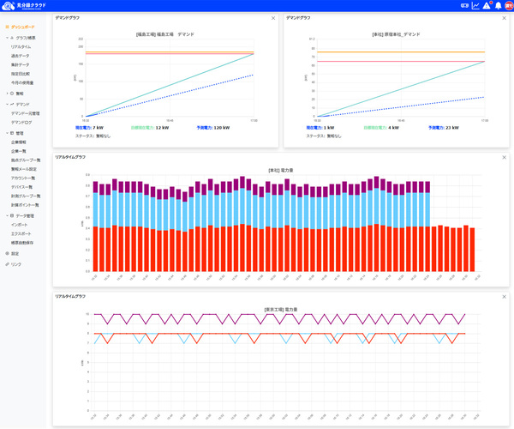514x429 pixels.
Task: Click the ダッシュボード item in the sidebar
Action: click(x=23, y=27)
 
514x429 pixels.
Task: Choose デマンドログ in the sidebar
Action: click(x=21, y=122)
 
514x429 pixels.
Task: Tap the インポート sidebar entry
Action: click(x=19, y=225)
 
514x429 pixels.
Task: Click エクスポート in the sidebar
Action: click(x=21, y=233)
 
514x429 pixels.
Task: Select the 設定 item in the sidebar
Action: click(x=15, y=253)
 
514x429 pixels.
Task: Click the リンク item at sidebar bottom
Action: click(x=16, y=264)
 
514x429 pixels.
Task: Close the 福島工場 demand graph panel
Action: click(x=273, y=17)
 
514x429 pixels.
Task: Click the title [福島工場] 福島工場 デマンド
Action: click(x=164, y=34)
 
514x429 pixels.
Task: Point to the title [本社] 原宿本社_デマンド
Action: click(x=395, y=34)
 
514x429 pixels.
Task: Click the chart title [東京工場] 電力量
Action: click(x=280, y=308)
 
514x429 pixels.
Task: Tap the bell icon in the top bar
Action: click(x=487, y=5)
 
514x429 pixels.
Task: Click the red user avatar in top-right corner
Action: click(x=506, y=5)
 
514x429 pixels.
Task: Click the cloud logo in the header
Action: click(x=9, y=5)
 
